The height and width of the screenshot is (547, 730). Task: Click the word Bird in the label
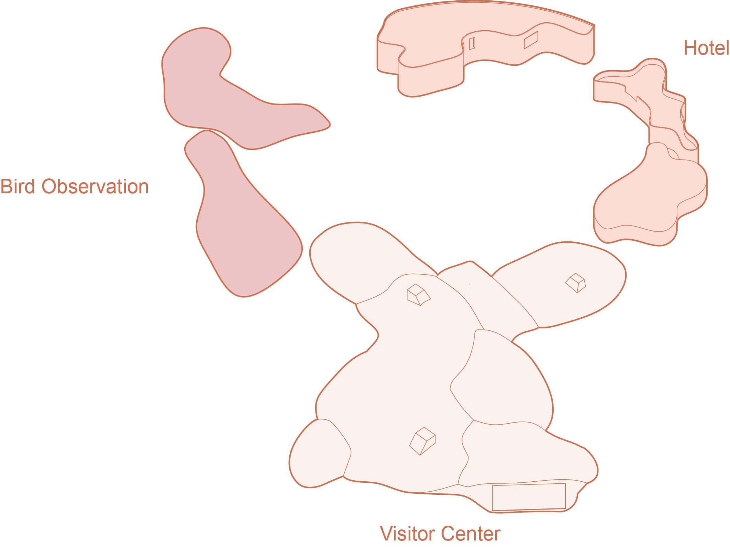(18, 187)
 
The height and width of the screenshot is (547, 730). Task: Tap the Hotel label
(706, 57)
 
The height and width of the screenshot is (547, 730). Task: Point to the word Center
(471, 533)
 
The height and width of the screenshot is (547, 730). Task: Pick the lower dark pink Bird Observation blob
(241, 223)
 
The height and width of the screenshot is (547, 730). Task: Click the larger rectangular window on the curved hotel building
(531, 40)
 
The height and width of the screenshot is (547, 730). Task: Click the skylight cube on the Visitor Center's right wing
(576, 283)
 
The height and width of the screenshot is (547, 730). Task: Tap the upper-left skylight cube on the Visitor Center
(418, 294)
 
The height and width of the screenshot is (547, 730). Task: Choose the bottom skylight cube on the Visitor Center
(422, 441)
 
